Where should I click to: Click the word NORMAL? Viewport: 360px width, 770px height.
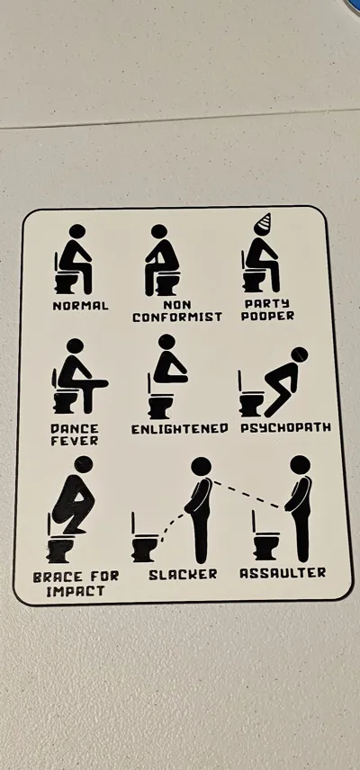tap(80, 306)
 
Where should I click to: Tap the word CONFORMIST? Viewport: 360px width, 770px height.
tap(176, 318)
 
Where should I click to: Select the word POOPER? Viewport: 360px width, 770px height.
tap(267, 316)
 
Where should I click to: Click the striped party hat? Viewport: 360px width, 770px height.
tap(264, 222)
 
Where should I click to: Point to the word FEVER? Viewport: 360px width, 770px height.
tap(74, 441)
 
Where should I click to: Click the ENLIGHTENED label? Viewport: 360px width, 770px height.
tap(180, 429)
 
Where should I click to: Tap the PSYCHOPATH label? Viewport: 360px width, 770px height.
tap(286, 427)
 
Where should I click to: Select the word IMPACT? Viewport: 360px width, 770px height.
tap(75, 591)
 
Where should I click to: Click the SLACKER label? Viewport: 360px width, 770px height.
tap(183, 575)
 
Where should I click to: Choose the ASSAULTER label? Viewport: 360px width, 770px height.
tap(283, 573)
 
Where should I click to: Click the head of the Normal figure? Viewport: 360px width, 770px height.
tap(77, 231)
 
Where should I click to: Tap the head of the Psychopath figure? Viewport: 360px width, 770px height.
tap(299, 354)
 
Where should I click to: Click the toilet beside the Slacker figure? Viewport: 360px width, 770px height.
tap(144, 542)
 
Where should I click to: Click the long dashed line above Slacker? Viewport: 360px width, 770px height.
tap(248, 495)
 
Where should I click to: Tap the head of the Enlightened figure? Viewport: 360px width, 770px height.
tap(166, 342)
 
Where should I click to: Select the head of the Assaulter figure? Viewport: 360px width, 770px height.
tap(300, 464)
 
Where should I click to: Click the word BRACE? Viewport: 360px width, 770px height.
tap(52, 577)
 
